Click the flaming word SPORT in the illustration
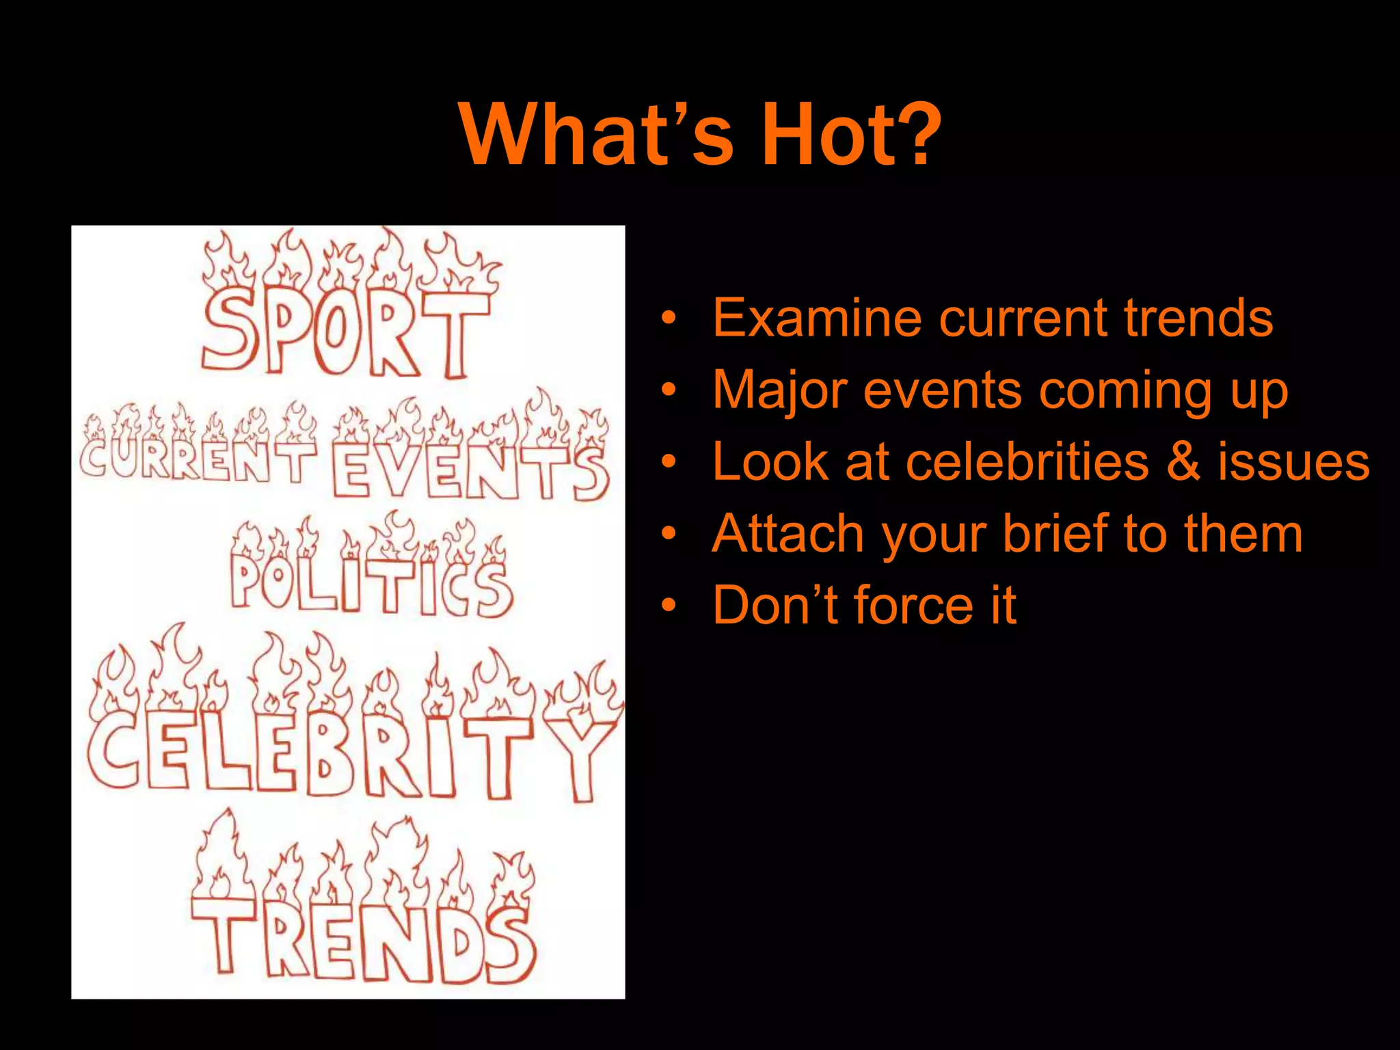click(x=345, y=332)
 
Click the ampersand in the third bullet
click(x=1183, y=462)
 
